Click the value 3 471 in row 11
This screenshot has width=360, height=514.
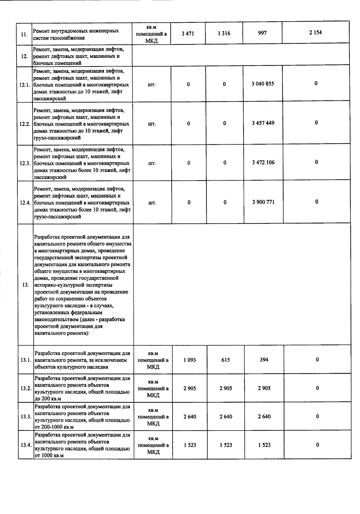188,34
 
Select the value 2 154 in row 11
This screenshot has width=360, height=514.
315,33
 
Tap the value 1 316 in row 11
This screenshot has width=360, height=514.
224,33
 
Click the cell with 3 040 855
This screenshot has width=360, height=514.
263,84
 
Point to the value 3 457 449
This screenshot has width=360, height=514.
263,123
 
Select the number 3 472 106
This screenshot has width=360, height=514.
263,163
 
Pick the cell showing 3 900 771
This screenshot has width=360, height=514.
263,202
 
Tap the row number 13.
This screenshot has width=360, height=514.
26,285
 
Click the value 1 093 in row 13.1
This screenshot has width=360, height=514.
190,360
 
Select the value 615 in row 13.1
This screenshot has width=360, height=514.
226,360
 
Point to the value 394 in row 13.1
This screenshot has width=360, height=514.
264,360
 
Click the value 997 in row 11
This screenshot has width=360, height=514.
262,33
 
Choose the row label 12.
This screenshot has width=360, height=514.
25,56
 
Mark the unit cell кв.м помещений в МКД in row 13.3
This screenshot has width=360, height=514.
153,417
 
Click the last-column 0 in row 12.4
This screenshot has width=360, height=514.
317,202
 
